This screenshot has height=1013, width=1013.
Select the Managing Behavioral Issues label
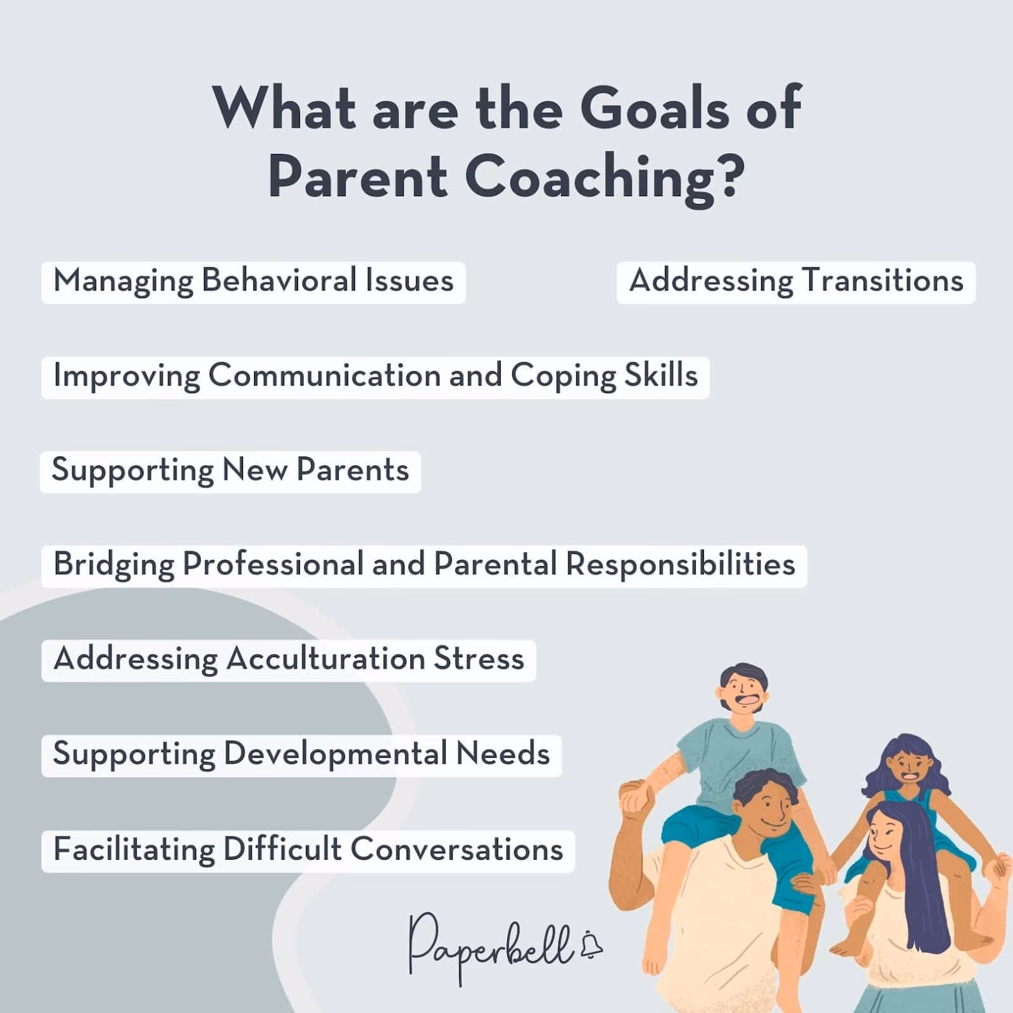pos(253,281)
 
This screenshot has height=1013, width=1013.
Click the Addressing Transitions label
pos(796,281)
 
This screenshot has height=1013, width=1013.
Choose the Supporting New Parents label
pos(230,470)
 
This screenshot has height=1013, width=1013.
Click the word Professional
pos(272,564)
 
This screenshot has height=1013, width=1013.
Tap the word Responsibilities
pos(680,564)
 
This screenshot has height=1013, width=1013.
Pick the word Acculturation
pos(325,659)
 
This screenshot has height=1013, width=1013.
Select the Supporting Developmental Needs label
pos(301,754)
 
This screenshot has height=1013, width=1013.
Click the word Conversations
pos(456,850)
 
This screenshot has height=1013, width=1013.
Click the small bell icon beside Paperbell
pos(593,945)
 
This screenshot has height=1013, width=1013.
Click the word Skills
pos(661,375)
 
